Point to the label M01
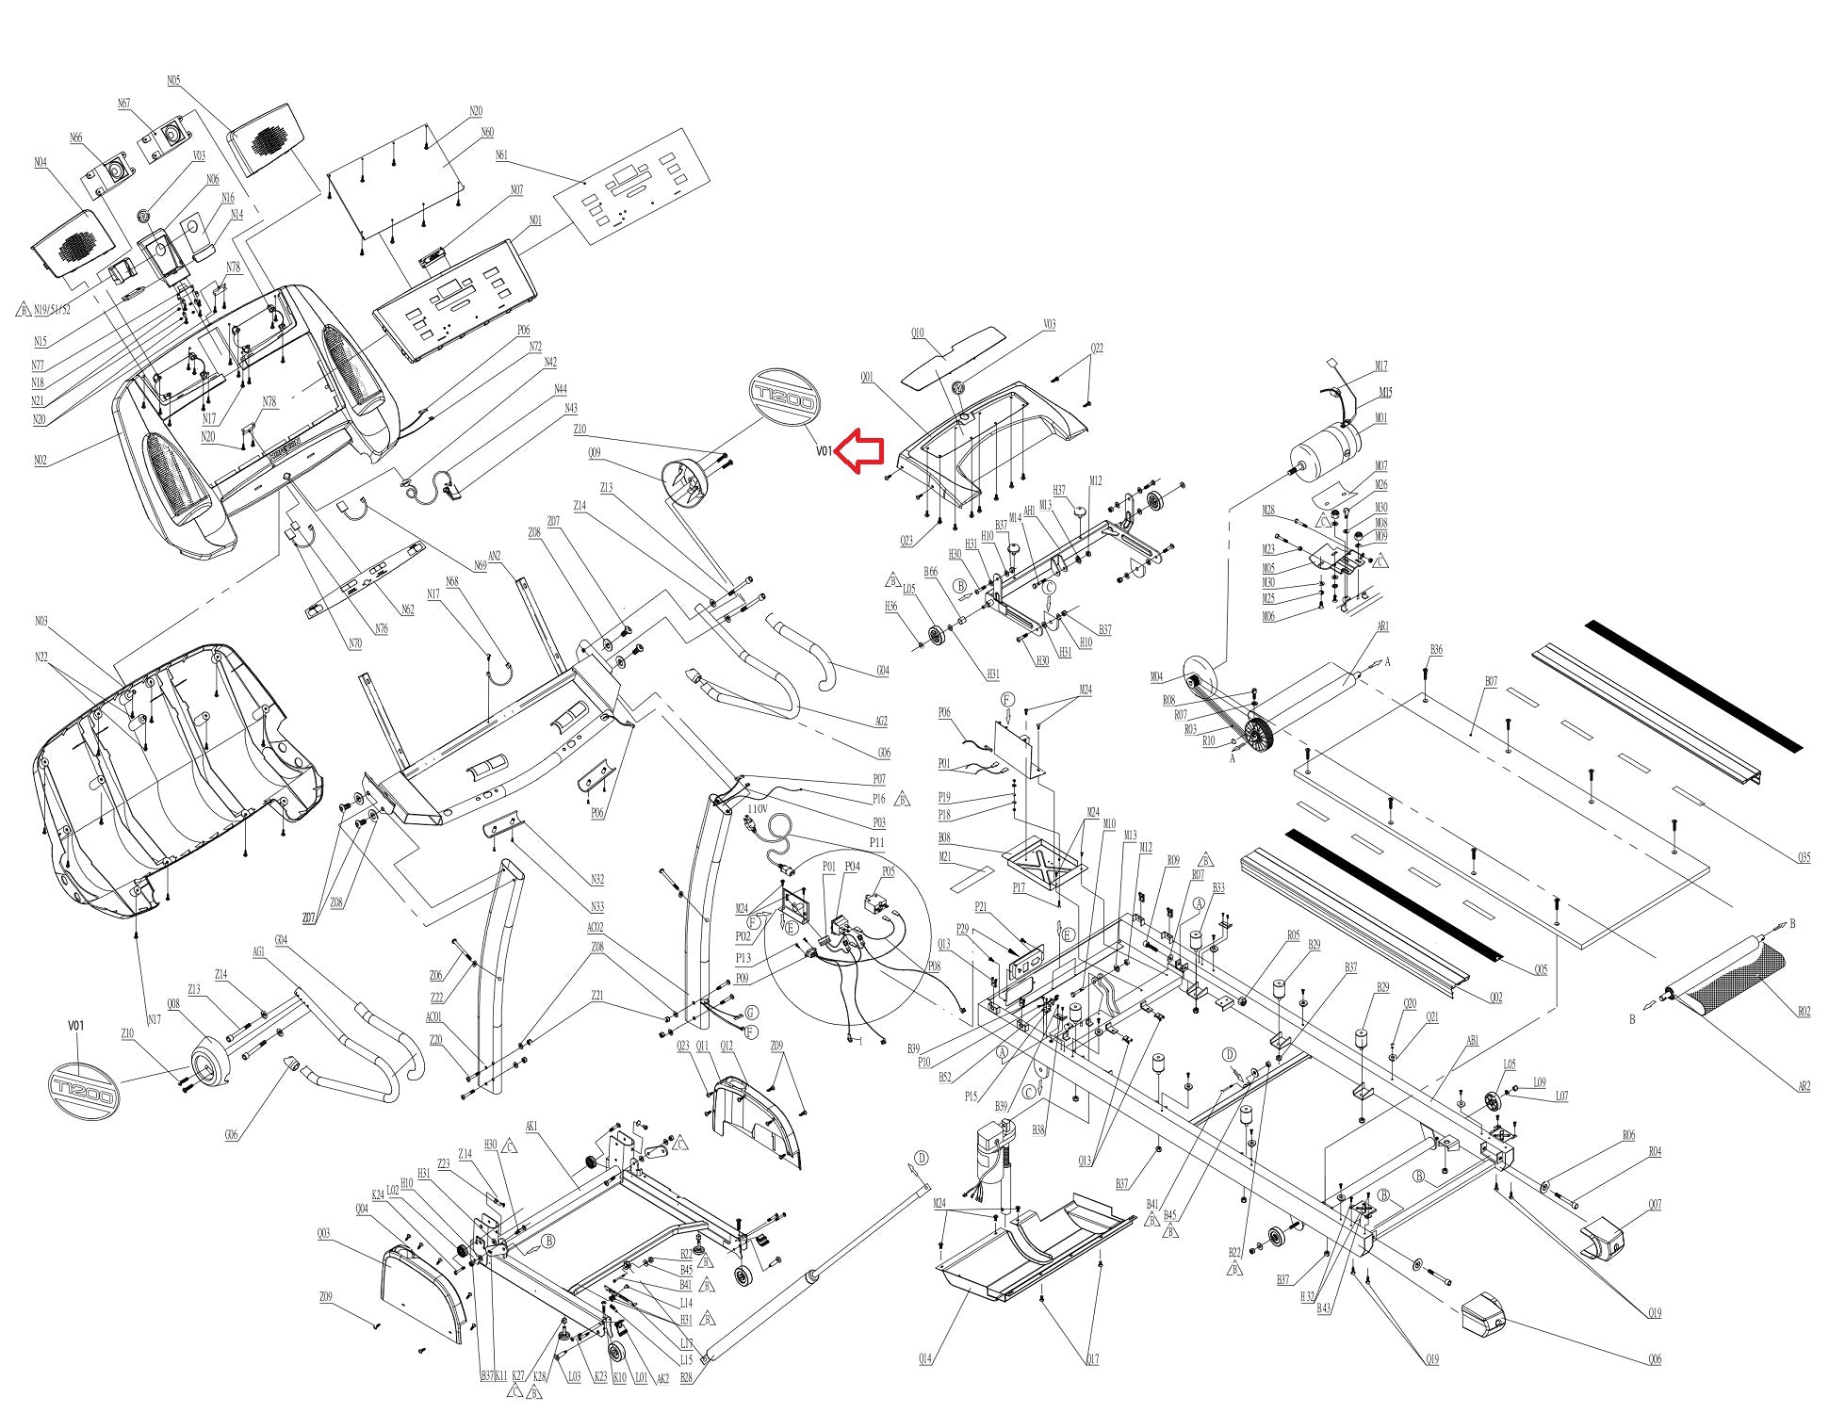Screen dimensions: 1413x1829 (1380, 418)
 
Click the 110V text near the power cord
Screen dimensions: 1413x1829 (758, 808)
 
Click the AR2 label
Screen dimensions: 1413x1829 (1803, 1086)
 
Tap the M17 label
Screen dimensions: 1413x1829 (1380, 366)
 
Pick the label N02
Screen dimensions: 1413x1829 (41, 461)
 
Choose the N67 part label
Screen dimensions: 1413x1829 (123, 104)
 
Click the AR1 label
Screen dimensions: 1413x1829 (1382, 626)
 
